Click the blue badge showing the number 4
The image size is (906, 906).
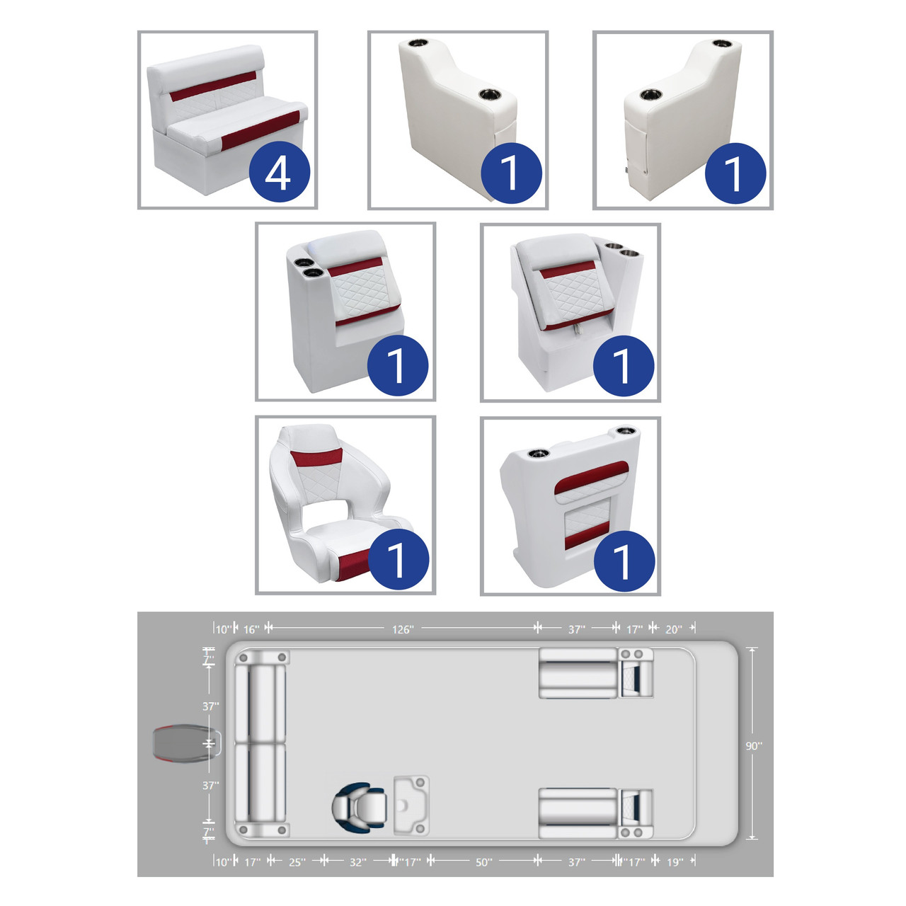click(280, 171)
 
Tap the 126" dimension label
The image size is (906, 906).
click(403, 629)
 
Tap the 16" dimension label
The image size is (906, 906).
click(251, 629)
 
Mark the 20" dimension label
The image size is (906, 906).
click(673, 629)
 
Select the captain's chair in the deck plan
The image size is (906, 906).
click(360, 806)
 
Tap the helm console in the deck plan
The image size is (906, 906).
click(411, 805)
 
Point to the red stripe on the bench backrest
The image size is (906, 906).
click(213, 86)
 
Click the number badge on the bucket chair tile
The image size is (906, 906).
click(398, 559)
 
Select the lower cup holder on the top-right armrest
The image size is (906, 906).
click(651, 94)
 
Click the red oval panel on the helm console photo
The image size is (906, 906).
click(592, 477)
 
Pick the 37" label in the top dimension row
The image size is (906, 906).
click(577, 629)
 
